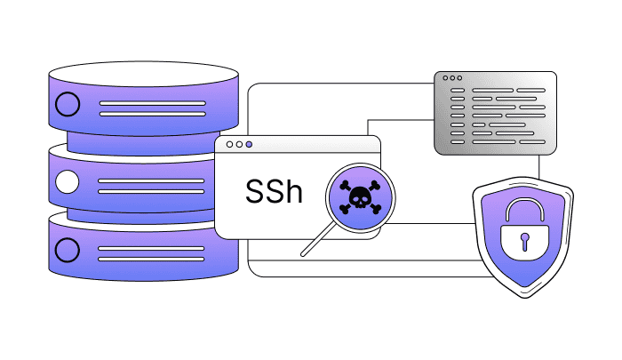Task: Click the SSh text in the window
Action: point(274,191)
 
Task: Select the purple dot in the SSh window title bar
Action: point(249,144)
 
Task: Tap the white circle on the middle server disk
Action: point(66,184)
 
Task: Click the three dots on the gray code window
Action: point(452,79)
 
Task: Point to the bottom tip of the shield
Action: point(524,288)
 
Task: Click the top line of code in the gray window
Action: point(497,91)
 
